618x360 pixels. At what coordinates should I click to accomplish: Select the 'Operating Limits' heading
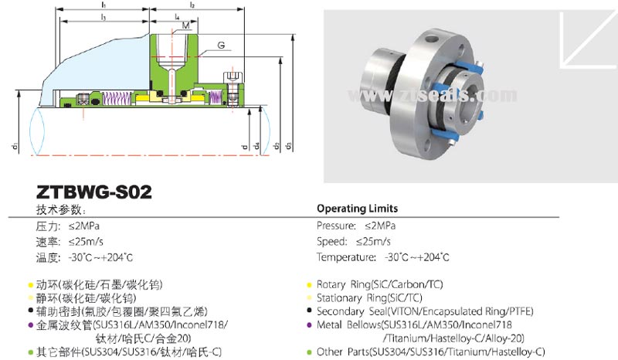[x=358, y=209]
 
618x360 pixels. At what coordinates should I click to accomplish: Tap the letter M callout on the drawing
[x=186, y=25]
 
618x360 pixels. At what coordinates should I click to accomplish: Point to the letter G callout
[x=221, y=47]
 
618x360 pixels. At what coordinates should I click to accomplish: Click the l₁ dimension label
[x=104, y=5]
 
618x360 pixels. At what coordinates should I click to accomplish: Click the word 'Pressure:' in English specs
[x=335, y=226]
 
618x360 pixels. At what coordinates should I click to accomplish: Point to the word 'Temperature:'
[x=344, y=256]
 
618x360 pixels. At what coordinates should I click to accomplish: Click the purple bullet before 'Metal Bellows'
[x=309, y=324]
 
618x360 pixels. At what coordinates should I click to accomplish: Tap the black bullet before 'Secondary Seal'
[x=309, y=311]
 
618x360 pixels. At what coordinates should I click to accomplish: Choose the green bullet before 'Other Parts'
[x=309, y=352]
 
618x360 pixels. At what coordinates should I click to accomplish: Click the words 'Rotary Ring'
[x=345, y=284]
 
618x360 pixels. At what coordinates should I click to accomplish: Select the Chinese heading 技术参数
[x=60, y=209]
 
